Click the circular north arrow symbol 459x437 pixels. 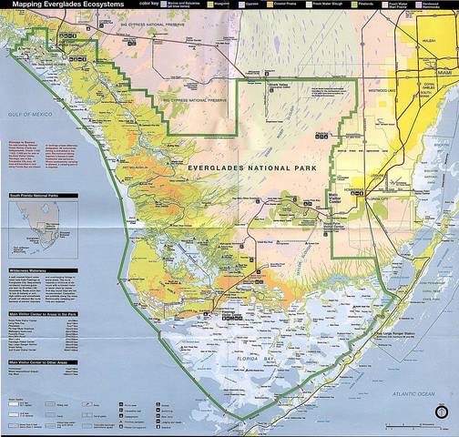pos(443,412)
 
